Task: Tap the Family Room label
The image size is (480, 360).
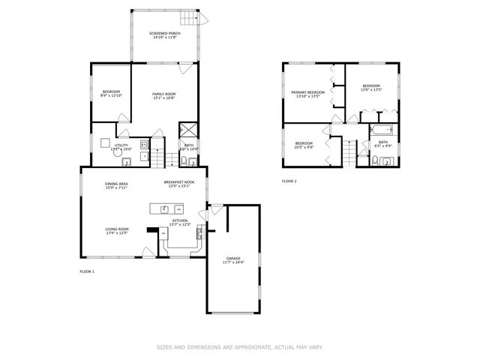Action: click(x=164, y=94)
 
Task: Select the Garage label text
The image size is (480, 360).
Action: click(x=232, y=260)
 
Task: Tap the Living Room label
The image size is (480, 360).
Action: click(x=116, y=230)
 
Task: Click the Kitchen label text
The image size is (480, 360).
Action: click(x=181, y=222)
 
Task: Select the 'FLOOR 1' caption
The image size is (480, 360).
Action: click(x=87, y=271)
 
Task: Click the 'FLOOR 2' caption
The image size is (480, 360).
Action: click(x=289, y=181)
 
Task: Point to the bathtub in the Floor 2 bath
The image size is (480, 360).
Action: click(x=376, y=131)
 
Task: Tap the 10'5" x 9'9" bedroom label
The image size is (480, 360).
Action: click(x=304, y=145)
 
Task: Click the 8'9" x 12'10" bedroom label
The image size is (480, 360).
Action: click(x=112, y=94)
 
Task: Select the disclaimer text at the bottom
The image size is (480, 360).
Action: click(x=238, y=346)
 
